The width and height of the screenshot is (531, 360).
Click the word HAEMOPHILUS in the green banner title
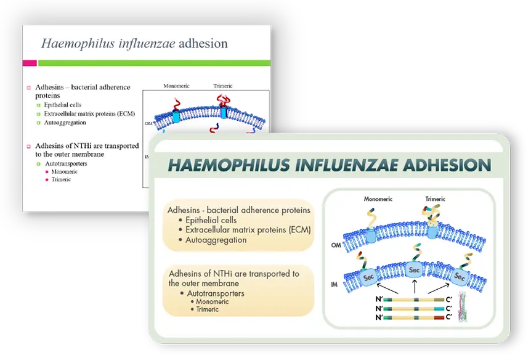229,165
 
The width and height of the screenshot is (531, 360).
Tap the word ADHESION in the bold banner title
447,165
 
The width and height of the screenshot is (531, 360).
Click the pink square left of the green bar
30,63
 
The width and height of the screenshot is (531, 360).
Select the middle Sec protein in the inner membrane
414,270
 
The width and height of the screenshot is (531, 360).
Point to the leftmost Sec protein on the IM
368,277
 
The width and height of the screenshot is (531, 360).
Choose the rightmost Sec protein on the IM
459,277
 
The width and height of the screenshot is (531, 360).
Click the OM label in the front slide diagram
336,245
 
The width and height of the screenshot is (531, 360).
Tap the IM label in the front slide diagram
334,284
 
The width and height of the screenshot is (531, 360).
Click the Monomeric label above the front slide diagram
378,199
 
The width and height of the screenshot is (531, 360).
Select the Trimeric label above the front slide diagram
435,199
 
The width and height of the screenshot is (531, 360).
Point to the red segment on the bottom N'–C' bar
439,317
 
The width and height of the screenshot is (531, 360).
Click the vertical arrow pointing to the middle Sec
415,287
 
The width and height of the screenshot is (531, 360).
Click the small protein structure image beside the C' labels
463,307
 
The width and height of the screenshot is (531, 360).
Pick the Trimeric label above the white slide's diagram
223,86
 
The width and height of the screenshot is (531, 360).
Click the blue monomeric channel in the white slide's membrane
176,117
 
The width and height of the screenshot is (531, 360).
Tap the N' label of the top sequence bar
379,300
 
